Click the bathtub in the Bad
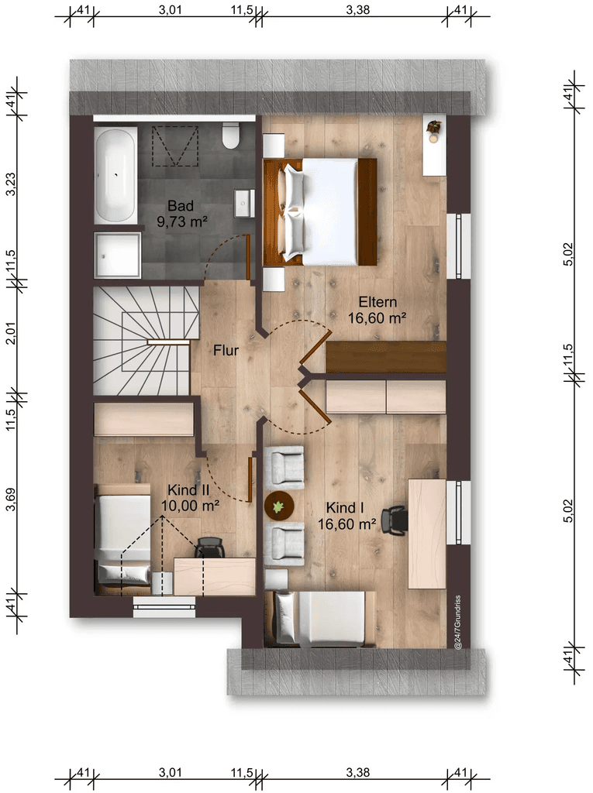pos(115,175)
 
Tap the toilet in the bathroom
pos(231,137)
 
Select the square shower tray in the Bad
pos(118,255)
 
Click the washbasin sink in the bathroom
pos(245,204)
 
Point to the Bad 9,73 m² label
pos(182,214)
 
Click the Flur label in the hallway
pos(226,350)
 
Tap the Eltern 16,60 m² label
pos(378,310)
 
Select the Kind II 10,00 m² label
pos(190,498)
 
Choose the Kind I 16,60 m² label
pos(347,516)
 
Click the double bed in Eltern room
pos(319,211)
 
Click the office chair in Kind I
pos(395,520)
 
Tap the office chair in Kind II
pos(209,548)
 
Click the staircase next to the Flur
pos(145,341)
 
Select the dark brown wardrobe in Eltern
pos(386,357)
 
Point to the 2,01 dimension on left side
pos(11,334)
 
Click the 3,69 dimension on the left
pos(11,499)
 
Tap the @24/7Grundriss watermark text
pos(458,622)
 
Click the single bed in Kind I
pos(320,619)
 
